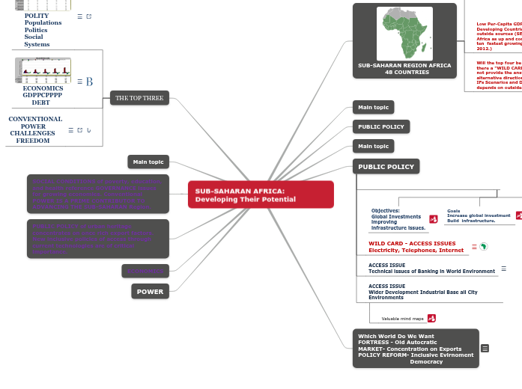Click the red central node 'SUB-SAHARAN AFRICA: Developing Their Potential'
pyautogui.click(x=260, y=194)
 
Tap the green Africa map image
pyautogui.click(x=404, y=33)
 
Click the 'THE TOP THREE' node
pyautogui.click(x=139, y=98)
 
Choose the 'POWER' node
pyautogui.click(x=150, y=291)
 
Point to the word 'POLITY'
pyautogui.click(x=37, y=16)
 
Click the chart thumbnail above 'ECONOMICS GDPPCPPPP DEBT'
pyautogui.click(x=43, y=70)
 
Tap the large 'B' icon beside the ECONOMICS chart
pyautogui.click(x=89, y=82)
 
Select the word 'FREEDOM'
pyautogui.click(x=33, y=141)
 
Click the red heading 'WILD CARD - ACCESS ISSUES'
pyautogui.click(x=412, y=243)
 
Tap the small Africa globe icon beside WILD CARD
pyautogui.click(x=484, y=246)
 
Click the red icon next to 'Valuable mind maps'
pyautogui.click(x=431, y=318)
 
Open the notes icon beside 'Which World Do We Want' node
pyautogui.click(x=485, y=349)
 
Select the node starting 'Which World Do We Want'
pyautogui.click(x=415, y=349)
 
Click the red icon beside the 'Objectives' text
pyautogui.click(x=434, y=218)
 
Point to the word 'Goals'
pyautogui.click(x=454, y=211)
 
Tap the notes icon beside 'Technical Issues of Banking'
pyautogui.click(x=503, y=268)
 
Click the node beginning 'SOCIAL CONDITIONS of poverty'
pyautogui.click(x=98, y=194)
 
